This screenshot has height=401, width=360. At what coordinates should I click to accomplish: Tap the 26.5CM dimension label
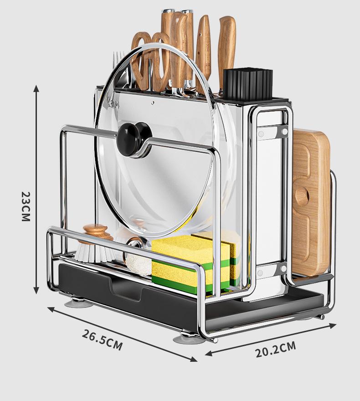pyautogui.click(x=102, y=340)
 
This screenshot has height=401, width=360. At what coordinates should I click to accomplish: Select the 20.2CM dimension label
pyautogui.click(x=276, y=350)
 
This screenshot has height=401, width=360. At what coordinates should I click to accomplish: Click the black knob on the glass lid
pyautogui.click(x=134, y=139)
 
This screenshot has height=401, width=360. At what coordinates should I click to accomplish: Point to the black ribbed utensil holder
pyautogui.click(x=247, y=84)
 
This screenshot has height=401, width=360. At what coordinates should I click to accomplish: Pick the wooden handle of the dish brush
pyautogui.click(x=95, y=232)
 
